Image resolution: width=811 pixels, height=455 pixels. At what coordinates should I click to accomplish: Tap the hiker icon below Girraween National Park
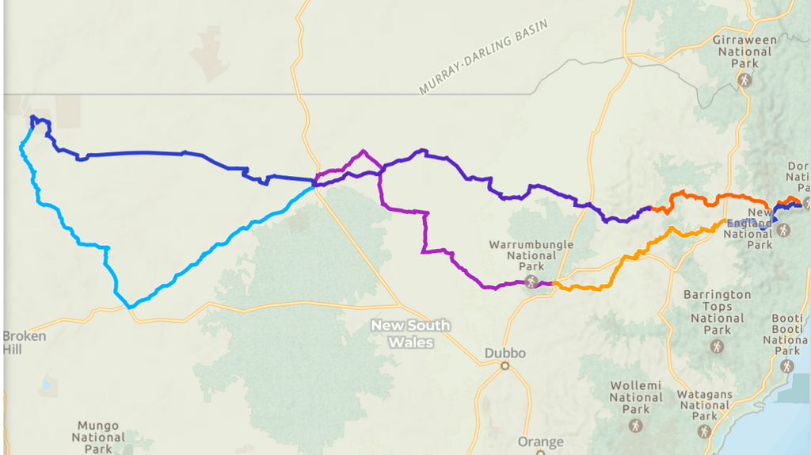pos(744,80)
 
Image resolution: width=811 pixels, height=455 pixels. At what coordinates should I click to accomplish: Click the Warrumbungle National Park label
pos(531,256)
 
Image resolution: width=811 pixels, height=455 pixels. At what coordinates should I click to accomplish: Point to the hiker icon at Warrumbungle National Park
pos(531,281)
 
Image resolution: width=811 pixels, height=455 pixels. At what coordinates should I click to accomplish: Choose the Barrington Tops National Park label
pos(717,312)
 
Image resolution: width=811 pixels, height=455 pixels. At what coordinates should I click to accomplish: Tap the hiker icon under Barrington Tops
pos(717,347)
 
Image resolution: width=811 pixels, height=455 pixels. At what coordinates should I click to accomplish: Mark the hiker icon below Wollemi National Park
pos(636,426)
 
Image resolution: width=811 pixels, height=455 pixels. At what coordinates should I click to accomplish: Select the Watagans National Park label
pos(704,405)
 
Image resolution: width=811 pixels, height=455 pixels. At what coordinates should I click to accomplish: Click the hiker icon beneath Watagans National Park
pos(704,431)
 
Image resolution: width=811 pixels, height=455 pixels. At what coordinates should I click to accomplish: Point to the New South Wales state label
pos(411,334)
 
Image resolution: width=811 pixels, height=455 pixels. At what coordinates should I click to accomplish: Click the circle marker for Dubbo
pos(504,366)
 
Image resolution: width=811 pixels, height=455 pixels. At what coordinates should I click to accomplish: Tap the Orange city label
pos(540,442)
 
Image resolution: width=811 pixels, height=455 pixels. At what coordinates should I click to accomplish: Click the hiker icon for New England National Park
pos(783,230)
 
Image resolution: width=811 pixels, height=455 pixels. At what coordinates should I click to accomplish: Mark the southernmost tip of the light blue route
pos(130,306)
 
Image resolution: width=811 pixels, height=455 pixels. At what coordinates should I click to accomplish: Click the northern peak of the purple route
pos(363,151)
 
